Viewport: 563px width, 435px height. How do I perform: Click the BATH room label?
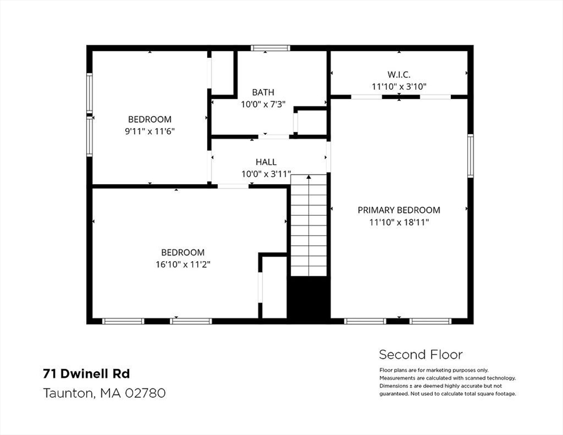pos(263,92)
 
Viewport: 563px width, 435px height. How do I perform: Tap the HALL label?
pos(266,162)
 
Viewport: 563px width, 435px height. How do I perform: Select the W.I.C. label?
pos(399,75)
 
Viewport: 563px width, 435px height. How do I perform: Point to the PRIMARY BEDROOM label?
pos(399,210)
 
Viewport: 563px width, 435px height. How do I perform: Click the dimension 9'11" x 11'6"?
pos(150,131)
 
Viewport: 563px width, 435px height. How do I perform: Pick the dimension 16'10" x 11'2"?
pos(183,265)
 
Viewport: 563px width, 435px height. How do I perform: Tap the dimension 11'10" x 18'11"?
pos(399,222)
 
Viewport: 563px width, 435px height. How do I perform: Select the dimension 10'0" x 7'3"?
pos(263,104)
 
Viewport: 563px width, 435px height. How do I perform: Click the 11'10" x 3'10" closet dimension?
pos(399,87)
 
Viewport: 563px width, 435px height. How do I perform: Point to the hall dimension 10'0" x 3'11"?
pos(266,174)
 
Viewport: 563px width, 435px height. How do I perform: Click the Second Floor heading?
pos(421,355)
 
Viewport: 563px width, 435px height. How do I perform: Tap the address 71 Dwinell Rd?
pos(86,374)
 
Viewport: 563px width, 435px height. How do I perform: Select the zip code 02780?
pos(145,393)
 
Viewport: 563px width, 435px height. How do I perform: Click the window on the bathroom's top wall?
pos(270,48)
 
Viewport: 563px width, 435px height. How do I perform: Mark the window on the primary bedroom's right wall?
pos(470,156)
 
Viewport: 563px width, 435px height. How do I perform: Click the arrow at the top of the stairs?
pos(309,177)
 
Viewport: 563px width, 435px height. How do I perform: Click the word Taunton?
pos(68,393)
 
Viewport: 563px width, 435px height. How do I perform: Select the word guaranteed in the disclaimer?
pos(394,394)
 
